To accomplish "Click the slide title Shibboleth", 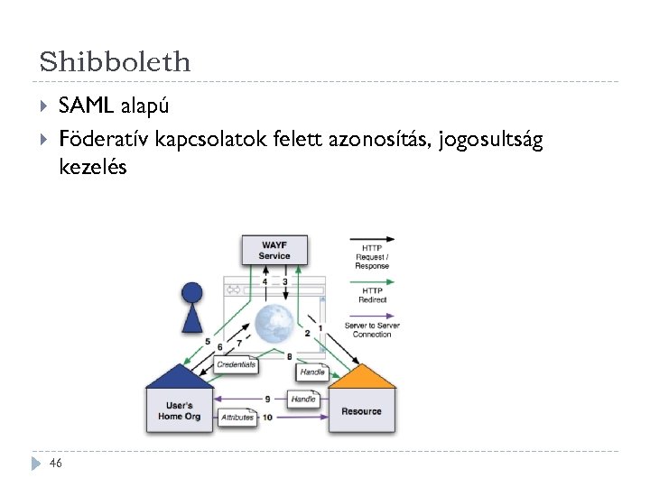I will click(x=116, y=61).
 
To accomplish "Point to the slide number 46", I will click(x=56, y=463).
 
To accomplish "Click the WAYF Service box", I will click(x=274, y=250).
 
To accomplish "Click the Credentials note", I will click(x=237, y=365).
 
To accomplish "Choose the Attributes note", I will click(x=237, y=418).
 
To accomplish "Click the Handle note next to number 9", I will click(x=303, y=399).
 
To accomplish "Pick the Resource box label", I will click(x=361, y=411).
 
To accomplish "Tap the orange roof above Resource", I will click(x=361, y=377).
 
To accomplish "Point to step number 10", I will click(x=267, y=418).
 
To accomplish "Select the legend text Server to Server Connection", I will click(x=372, y=330).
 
